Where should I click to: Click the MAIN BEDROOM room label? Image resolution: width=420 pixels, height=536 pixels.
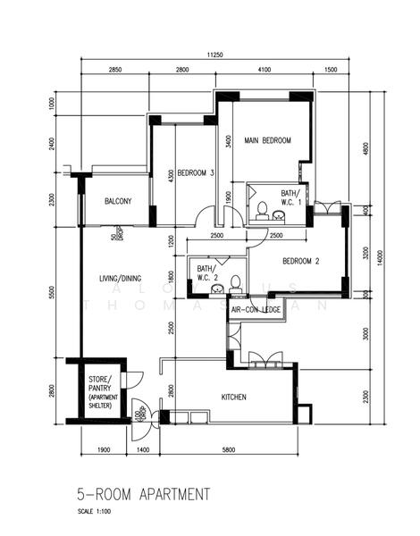[265, 141]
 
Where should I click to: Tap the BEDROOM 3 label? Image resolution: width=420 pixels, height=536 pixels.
[195, 172]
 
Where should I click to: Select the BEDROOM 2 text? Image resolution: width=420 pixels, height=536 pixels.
[301, 262]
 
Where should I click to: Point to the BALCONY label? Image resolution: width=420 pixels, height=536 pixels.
[119, 202]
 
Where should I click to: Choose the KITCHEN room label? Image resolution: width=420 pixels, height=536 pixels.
[234, 397]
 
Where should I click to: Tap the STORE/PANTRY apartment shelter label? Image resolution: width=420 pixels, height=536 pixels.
[100, 393]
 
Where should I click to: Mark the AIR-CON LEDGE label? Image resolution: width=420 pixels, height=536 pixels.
[256, 309]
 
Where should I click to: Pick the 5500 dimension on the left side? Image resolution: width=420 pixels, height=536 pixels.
[53, 292]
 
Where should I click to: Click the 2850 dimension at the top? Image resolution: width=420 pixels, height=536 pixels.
[115, 70]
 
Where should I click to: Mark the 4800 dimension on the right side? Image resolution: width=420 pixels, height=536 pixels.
[364, 148]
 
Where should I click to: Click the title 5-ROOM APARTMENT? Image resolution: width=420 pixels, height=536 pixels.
[143, 493]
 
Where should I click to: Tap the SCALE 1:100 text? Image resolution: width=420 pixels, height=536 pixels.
[97, 512]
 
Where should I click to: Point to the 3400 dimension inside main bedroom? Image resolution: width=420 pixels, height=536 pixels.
[230, 141]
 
